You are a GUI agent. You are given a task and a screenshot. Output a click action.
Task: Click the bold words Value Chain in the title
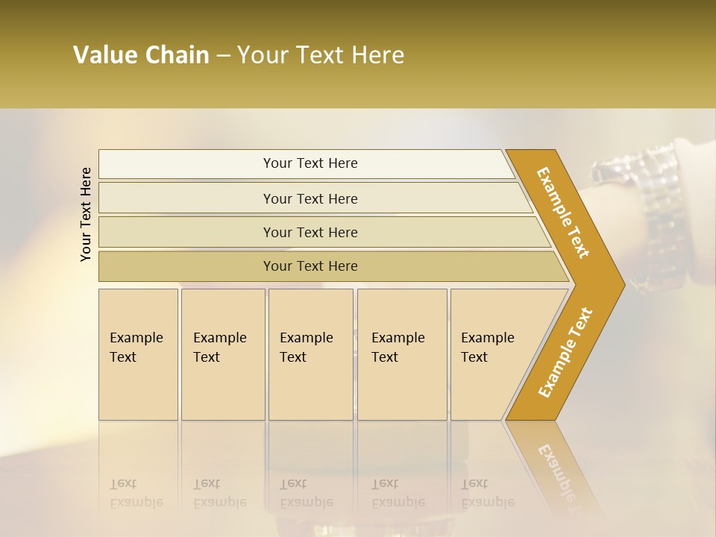pos(141,55)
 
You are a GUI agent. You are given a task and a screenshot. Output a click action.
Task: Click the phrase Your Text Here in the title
pos(321,55)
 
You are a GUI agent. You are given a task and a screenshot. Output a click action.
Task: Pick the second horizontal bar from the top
pos(310,198)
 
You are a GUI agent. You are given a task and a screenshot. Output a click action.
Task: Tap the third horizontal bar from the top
pos(310,232)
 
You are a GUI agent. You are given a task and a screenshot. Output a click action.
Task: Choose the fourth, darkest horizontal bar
pos(310,266)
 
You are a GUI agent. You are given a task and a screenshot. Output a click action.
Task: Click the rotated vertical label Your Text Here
pos(86,214)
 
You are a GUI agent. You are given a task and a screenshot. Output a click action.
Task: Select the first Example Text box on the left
pos(138,354)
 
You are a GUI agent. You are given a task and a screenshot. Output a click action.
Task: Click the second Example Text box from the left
pos(222,354)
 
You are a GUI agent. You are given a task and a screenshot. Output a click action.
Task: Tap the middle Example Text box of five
pos(310,354)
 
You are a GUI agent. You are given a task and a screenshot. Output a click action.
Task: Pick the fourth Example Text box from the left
pos(402,354)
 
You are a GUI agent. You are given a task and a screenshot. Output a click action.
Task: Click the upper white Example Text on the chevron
pos(563,213)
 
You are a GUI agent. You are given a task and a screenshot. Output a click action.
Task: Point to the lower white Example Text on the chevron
pos(565,352)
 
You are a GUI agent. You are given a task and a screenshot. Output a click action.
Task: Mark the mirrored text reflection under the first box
pos(136,494)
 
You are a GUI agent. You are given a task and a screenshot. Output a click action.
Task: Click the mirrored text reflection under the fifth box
pos(488,494)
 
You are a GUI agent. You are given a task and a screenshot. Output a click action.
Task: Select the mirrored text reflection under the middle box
pos(307,494)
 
